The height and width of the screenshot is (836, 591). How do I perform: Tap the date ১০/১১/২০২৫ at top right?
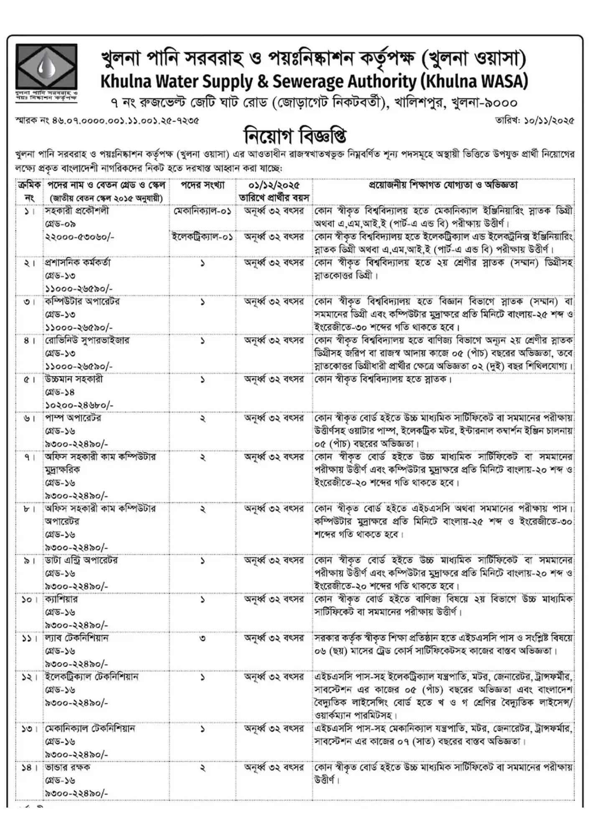click(x=535, y=121)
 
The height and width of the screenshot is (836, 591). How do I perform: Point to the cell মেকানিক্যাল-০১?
click(x=203, y=211)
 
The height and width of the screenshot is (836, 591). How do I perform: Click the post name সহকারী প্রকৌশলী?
click(x=77, y=211)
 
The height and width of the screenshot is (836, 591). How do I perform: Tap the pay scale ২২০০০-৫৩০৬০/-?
click(x=80, y=237)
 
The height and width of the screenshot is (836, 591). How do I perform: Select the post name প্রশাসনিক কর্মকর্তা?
click(x=78, y=263)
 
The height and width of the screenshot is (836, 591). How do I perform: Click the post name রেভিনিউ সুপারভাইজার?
click(x=87, y=341)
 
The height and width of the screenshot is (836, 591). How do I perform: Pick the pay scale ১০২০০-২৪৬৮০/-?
click(x=79, y=405)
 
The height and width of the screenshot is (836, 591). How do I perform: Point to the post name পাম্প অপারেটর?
click(x=73, y=418)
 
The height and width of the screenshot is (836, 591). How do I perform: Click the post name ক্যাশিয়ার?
click(x=61, y=599)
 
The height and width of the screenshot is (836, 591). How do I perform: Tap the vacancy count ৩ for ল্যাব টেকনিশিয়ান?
click(x=203, y=638)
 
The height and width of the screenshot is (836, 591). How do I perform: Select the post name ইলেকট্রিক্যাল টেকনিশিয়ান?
click(x=92, y=677)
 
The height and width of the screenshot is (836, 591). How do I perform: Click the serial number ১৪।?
click(x=29, y=767)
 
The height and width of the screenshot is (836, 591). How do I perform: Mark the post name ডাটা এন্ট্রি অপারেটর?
click(x=82, y=560)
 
